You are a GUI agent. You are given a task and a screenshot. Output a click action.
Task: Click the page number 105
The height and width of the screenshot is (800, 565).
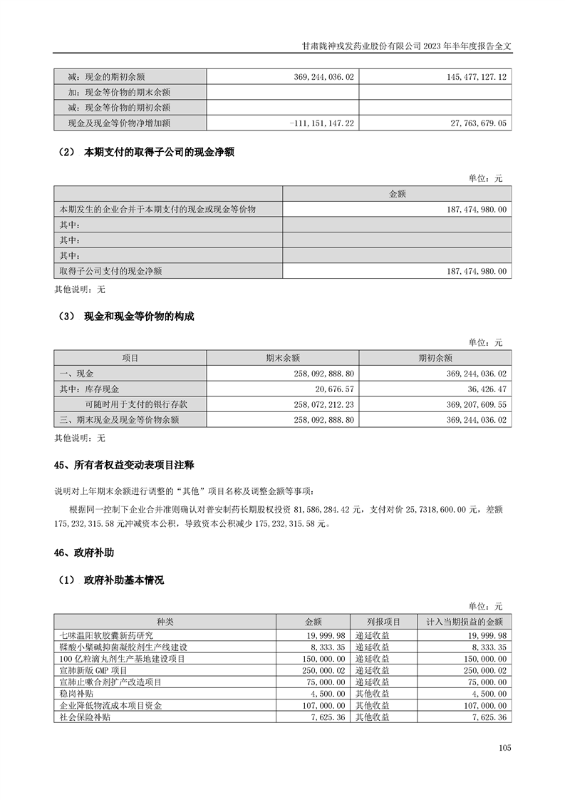[505, 748]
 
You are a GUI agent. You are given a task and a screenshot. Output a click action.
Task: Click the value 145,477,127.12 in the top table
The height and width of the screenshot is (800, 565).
[472, 76]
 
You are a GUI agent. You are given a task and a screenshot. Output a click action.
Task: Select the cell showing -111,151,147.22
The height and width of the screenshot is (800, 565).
[323, 123]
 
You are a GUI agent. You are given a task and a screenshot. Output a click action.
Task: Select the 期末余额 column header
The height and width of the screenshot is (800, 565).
[282, 358]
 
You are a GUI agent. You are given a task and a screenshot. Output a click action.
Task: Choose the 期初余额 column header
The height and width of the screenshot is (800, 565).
[435, 358]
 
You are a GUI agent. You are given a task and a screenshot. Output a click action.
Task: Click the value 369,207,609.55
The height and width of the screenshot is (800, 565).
[471, 405]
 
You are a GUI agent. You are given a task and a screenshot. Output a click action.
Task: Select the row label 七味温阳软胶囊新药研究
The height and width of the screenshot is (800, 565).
[107, 635]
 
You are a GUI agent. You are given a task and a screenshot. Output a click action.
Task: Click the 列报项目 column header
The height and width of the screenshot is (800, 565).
[384, 622]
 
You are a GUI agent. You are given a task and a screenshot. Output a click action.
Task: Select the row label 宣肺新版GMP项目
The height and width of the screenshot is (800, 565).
[94, 670]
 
